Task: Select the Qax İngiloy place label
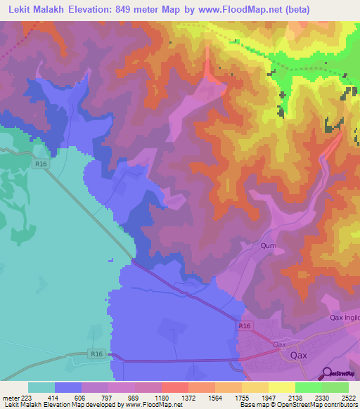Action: (344, 318)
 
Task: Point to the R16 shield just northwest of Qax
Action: (244, 326)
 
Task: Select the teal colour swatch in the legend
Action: (41, 387)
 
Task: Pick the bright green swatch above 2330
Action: (309, 387)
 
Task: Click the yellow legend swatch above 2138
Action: (282, 387)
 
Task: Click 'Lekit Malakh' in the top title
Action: (41, 10)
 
